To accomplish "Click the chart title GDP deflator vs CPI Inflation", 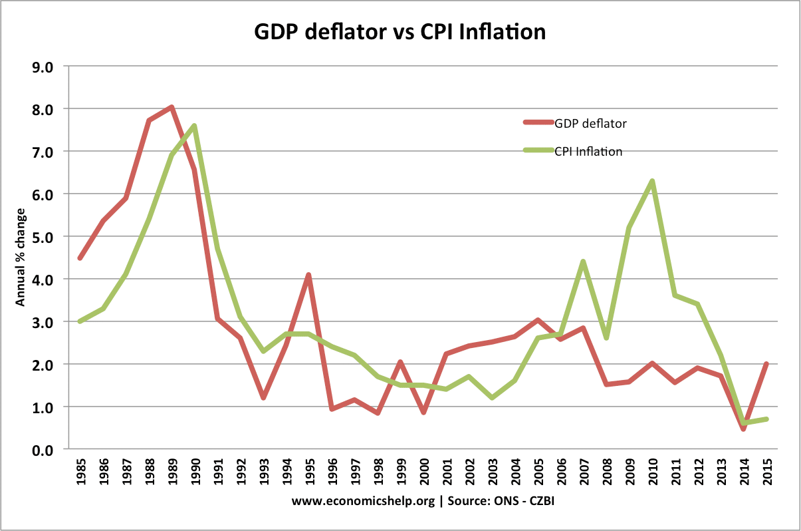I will [x=400, y=31].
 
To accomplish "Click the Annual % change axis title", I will [x=20, y=258].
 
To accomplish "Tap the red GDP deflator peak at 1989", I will [x=172, y=107].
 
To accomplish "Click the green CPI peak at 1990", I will [x=194, y=126].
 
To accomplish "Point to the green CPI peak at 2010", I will [x=652, y=181].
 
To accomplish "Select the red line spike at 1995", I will [x=308, y=275].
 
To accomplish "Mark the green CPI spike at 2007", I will [x=584, y=262].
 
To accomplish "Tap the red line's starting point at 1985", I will [x=80, y=258].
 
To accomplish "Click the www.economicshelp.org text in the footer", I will [x=364, y=502].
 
